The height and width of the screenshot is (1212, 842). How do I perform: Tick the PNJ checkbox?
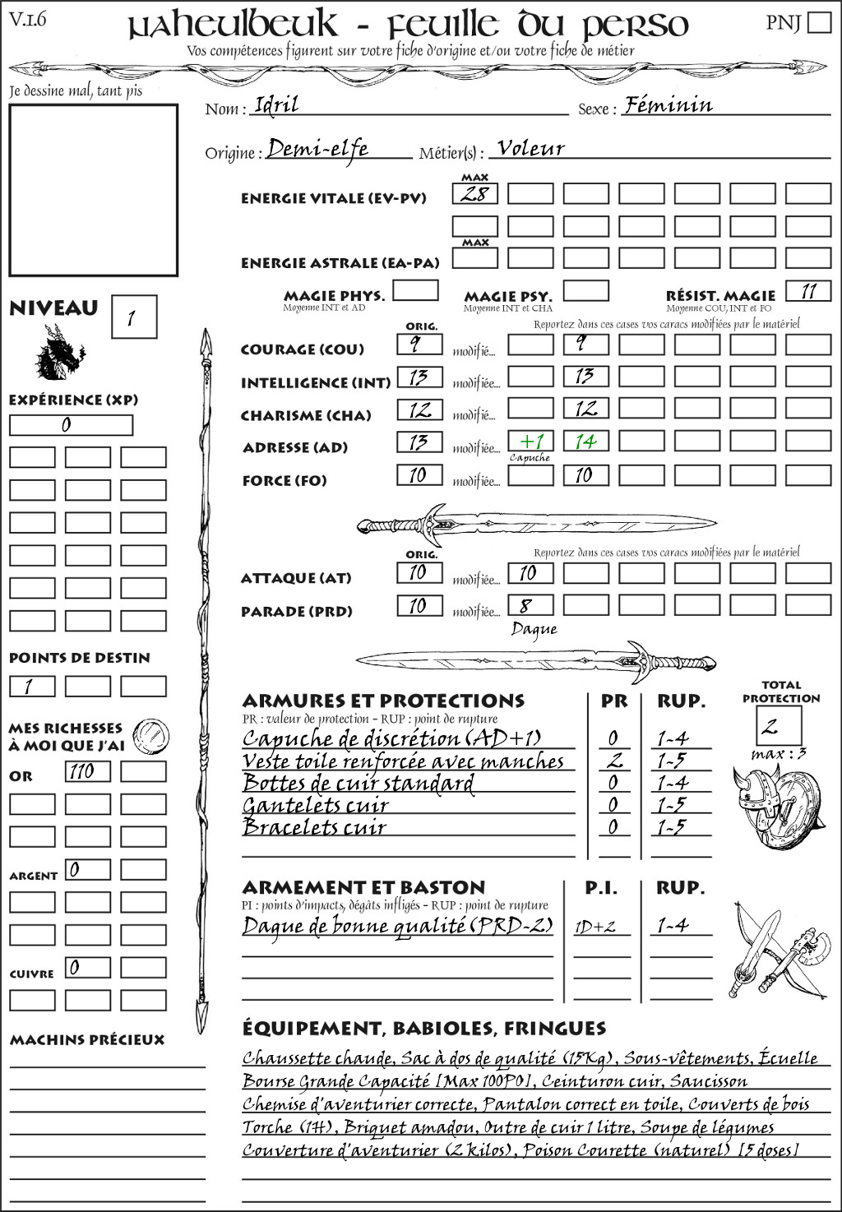point(819,22)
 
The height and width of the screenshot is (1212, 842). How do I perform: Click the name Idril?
point(276,104)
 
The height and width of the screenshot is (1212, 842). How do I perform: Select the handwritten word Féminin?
point(668,105)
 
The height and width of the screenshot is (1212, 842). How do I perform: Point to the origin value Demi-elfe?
point(317,150)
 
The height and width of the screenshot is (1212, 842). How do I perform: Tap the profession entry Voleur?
point(531,149)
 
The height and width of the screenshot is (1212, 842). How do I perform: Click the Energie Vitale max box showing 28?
point(475,194)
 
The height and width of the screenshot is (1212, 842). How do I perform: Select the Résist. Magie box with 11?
point(808,291)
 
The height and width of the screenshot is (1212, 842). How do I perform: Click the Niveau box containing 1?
point(133,317)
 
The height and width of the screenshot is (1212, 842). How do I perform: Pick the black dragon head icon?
point(59,353)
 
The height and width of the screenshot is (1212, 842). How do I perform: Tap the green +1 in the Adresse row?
point(531,442)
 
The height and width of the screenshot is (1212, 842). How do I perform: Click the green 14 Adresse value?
point(585,442)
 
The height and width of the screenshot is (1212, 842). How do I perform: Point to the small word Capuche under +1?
point(530,458)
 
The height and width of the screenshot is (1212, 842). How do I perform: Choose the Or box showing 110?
point(87,771)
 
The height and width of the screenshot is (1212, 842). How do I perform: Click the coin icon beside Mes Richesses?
point(151,734)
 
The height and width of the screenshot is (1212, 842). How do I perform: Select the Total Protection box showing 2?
point(779,725)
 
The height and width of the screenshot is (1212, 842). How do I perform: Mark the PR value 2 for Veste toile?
point(613,761)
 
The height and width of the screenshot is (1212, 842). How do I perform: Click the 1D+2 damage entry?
point(594,927)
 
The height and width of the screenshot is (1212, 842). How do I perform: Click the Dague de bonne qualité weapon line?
point(397,926)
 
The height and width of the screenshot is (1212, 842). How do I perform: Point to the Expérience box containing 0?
point(71,425)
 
